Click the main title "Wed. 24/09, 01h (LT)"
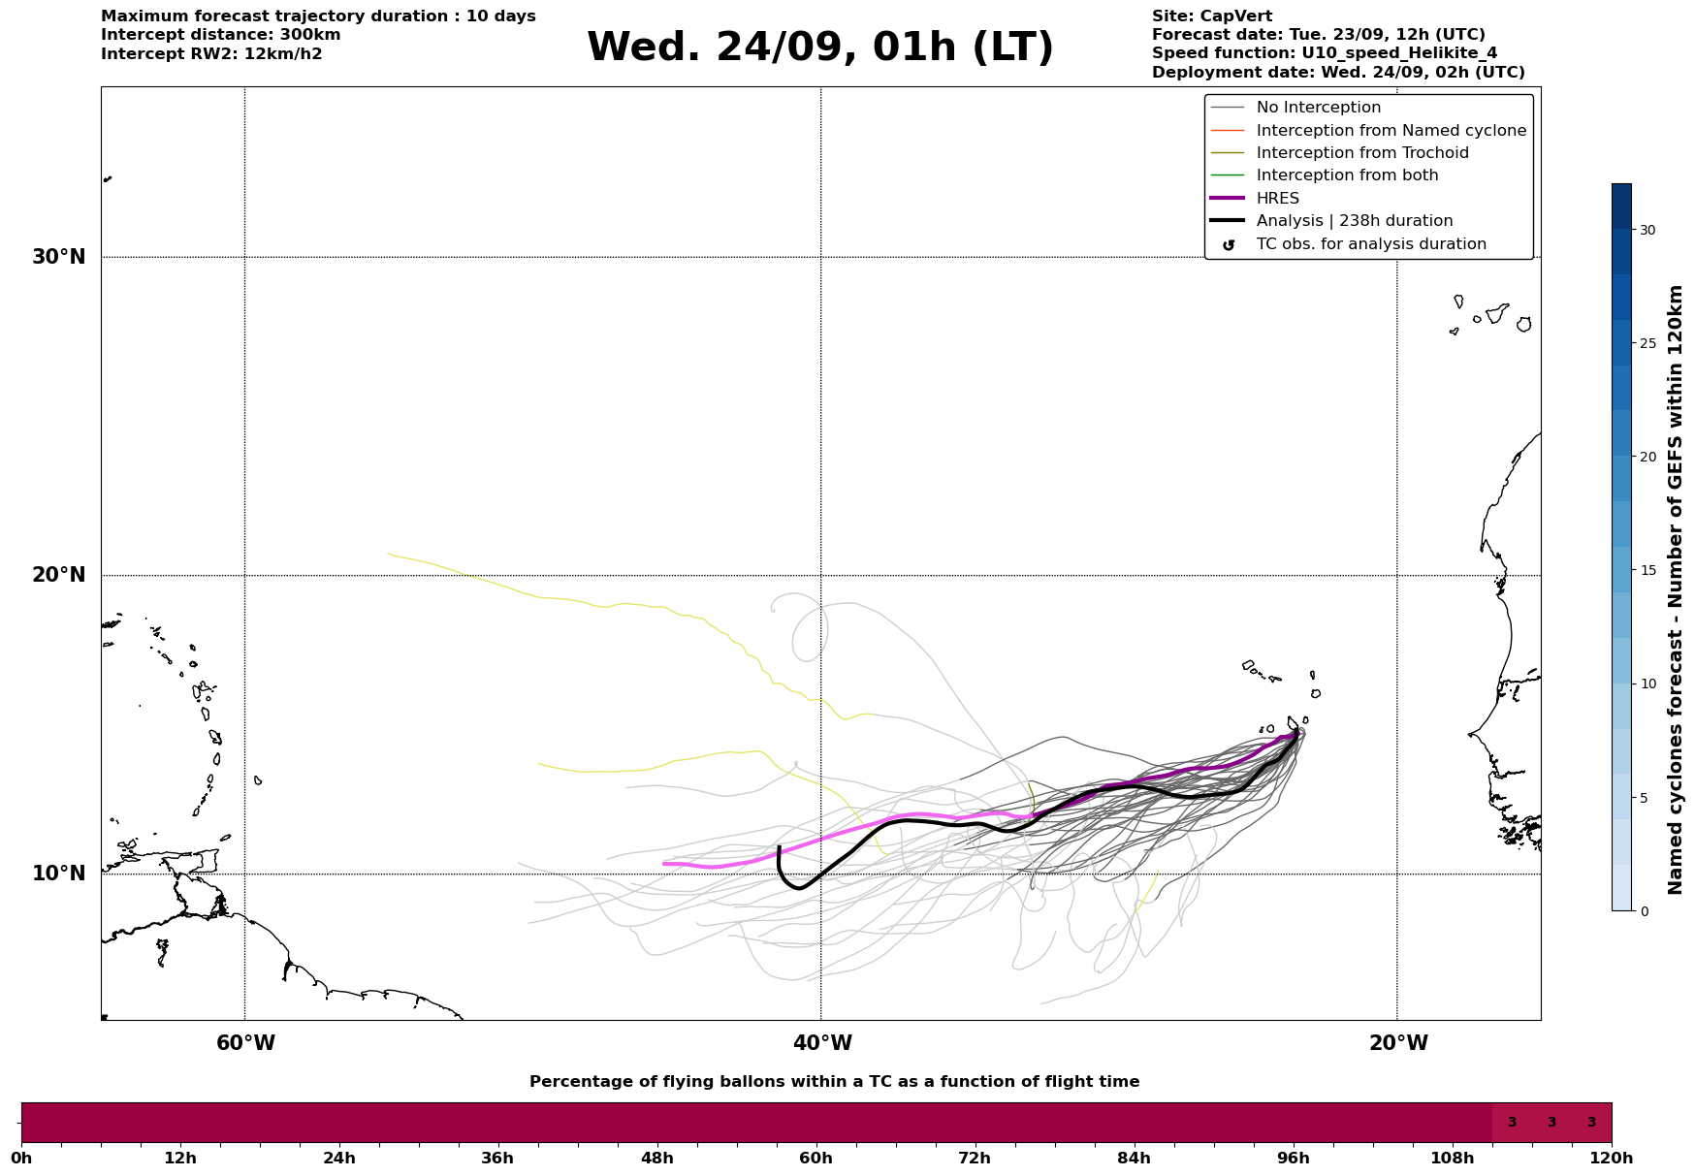click(x=819, y=48)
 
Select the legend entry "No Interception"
click(x=1318, y=108)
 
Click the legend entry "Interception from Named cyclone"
click(x=1391, y=131)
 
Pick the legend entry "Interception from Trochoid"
click(x=1361, y=153)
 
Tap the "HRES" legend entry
click(x=1277, y=199)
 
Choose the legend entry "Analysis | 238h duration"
click(x=1354, y=221)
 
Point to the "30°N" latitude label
click(x=59, y=257)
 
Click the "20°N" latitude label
click(x=59, y=575)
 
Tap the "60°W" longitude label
click(x=245, y=1043)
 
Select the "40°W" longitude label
click(x=822, y=1043)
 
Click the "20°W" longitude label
click(x=1398, y=1043)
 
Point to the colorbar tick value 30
click(x=1647, y=230)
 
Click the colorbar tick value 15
click(x=1647, y=570)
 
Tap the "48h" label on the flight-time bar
click(x=656, y=1158)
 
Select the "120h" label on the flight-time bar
click(x=1612, y=1158)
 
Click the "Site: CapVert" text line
click(x=1212, y=16)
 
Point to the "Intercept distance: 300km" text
click(x=220, y=35)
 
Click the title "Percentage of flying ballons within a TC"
click(x=834, y=1082)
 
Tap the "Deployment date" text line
click(x=1338, y=73)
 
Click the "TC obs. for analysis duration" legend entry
click(x=1370, y=244)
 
